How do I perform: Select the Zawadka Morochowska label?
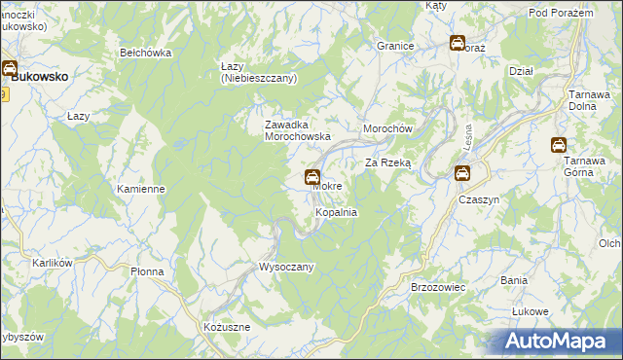click(x=299, y=130)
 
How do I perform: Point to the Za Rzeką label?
click(x=389, y=163)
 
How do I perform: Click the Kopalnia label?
click(x=336, y=211)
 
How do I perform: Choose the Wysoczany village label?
click(x=285, y=267)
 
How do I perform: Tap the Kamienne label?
click(x=141, y=189)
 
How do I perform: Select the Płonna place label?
click(x=150, y=272)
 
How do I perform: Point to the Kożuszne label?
click(x=227, y=328)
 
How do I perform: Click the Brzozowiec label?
click(x=439, y=288)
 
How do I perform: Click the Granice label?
click(x=396, y=46)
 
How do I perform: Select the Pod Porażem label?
click(x=561, y=12)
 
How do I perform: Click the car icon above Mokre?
click(x=311, y=177)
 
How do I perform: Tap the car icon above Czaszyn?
click(x=462, y=173)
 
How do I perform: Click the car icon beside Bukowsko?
click(x=9, y=69)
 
